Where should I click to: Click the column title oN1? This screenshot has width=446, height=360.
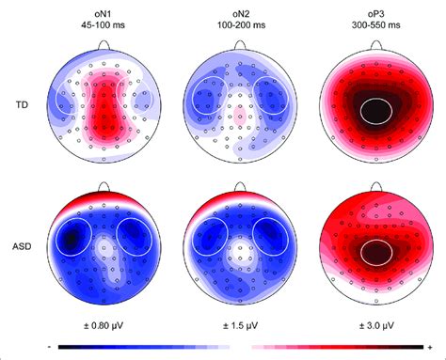pos(105,9)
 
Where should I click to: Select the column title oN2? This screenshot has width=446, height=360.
pos(241,9)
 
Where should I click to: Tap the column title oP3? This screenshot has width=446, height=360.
pos(377,9)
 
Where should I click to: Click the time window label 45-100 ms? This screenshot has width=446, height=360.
pos(105,23)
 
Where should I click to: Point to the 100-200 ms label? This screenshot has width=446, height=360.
pos(241,23)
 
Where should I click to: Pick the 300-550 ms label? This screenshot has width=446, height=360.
pos(377,23)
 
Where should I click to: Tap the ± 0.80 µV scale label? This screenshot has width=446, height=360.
pos(105,324)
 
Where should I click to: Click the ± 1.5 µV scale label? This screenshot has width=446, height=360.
pos(241,324)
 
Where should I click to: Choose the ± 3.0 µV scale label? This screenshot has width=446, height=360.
pos(377,324)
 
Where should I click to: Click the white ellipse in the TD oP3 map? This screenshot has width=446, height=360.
pos(377,114)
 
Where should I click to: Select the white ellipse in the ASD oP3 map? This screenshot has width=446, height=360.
pos(377,251)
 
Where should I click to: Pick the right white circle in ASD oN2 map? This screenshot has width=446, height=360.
pos(273,239)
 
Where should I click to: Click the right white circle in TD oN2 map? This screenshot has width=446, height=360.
pos(272,95)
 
